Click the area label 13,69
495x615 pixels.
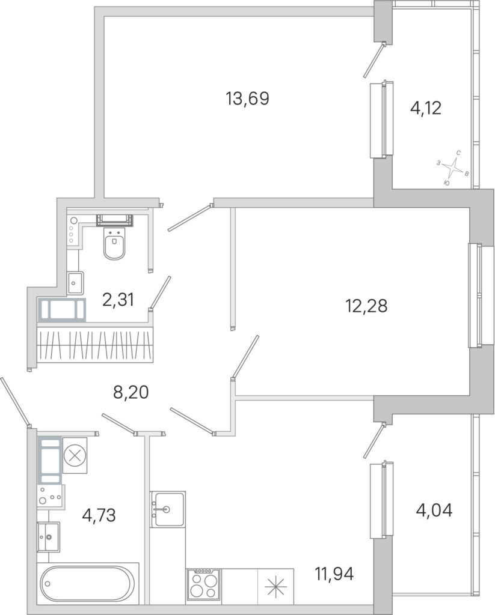point(247,98)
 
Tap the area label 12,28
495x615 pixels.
point(366,306)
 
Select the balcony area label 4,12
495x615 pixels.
point(426,108)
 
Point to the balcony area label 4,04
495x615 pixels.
point(434,510)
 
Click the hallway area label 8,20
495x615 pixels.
point(131,392)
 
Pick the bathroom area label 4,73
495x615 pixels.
point(99,515)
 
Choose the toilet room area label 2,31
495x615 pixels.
point(118,300)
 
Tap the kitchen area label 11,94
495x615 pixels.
point(334,574)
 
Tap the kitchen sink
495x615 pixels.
point(167,509)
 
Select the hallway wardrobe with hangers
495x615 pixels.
point(94,344)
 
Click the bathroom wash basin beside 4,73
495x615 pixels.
point(48,536)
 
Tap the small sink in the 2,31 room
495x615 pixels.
point(75,283)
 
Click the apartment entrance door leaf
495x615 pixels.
point(14,401)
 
